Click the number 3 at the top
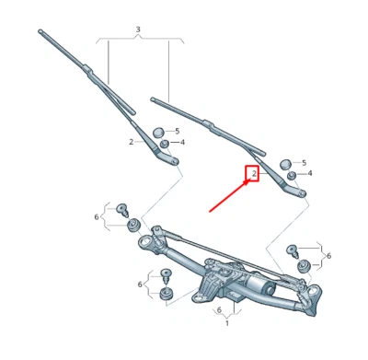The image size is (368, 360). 138,30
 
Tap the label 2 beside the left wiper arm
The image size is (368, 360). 132,142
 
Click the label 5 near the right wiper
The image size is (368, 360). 304,162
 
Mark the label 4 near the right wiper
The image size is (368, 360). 310,173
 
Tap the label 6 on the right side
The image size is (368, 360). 328,255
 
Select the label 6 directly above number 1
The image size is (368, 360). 219,310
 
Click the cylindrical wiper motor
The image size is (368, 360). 260,288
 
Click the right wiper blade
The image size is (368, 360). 198,118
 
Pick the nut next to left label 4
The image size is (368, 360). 165,144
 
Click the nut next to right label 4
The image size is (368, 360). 292,175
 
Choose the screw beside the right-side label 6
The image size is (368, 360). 293,250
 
